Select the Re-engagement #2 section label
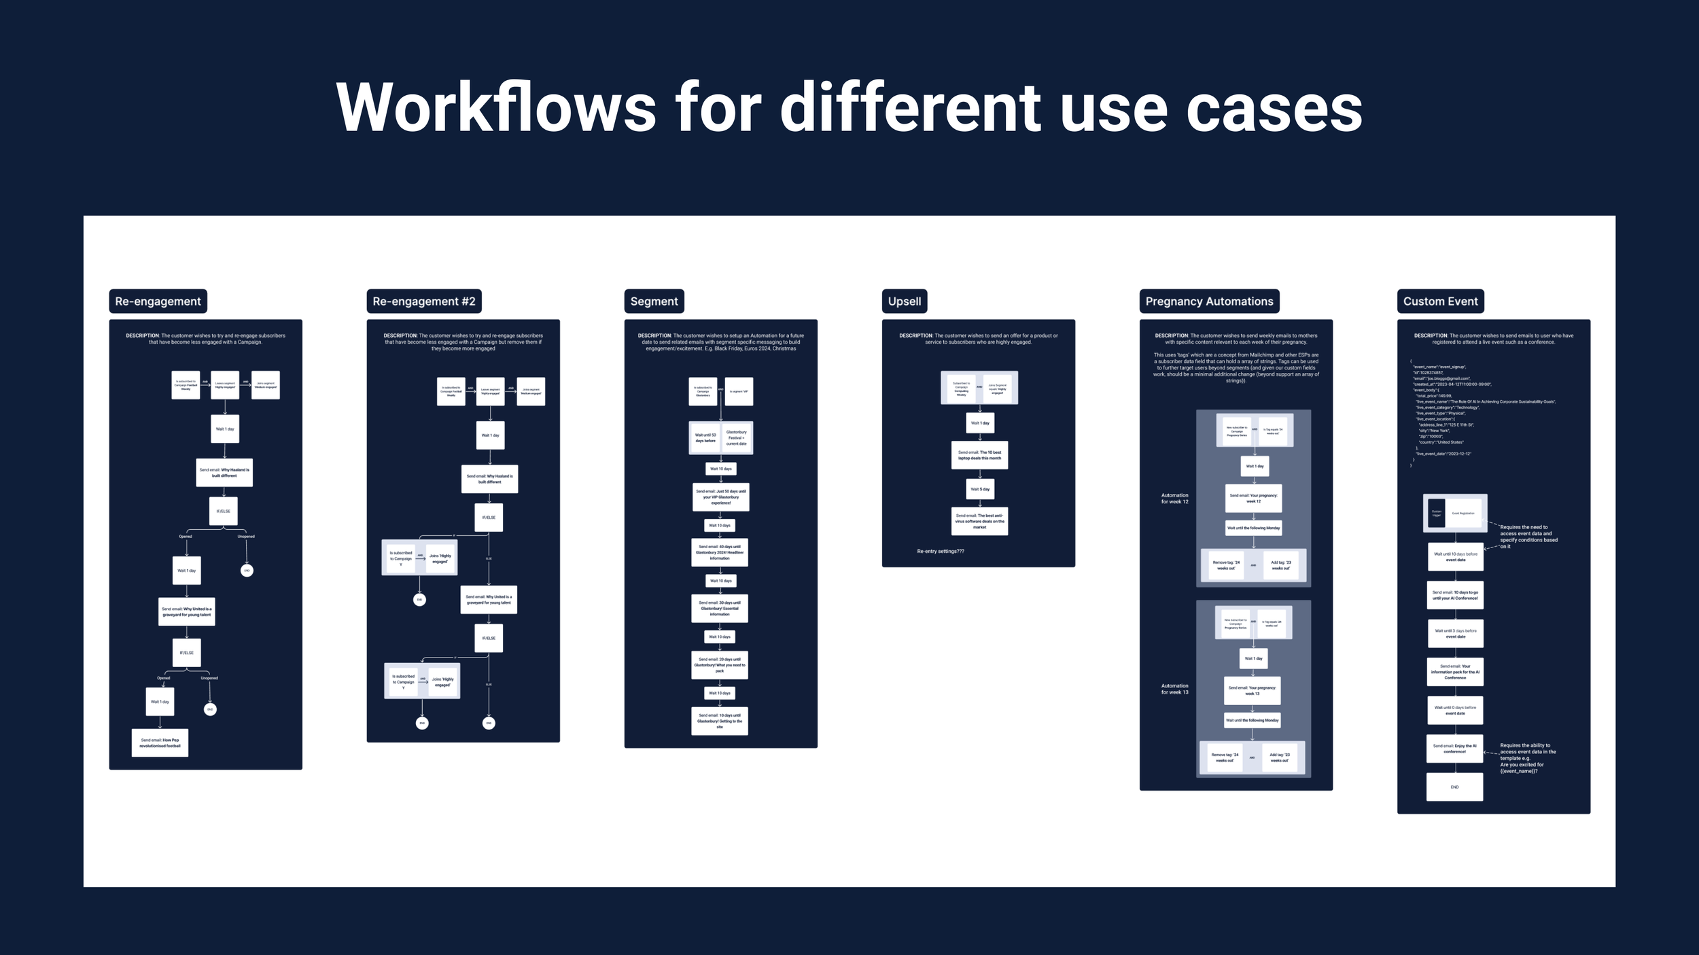pyautogui.click(x=423, y=301)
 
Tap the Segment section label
pyautogui.click(x=654, y=301)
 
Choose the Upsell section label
pyautogui.click(x=904, y=301)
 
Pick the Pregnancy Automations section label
pyautogui.click(x=1209, y=301)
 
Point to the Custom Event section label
pyautogui.click(x=1440, y=301)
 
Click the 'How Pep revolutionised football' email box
pyautogui.click(x=160, y=742)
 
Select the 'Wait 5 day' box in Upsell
pyautogui.click(x=979, y=489)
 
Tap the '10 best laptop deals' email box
pyautogui.click(x=979, y=455)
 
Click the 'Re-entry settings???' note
pyautogui.click(x=940, y=551)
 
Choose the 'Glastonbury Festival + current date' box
pyautogui.click(x=736, y=437)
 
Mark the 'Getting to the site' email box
pyautogui.click(x=720, y=721)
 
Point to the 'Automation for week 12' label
pyautogui.click(x=1174, y=499)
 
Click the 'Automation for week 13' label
pyautogui.click(x=1174, y=689)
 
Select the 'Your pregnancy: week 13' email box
pyautogui.click(x=1252, y=690)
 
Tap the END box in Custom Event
pyautogui.click(x=1454, y=787)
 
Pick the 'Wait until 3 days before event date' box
pyautogui.click(x=1455, y=633)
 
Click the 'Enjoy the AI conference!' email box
pyautogui.click(x=1454, y=748)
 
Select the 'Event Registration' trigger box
pyautogui.click(x=1462, y=513)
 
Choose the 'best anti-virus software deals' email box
pyautogui.click(x=979, y=521)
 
